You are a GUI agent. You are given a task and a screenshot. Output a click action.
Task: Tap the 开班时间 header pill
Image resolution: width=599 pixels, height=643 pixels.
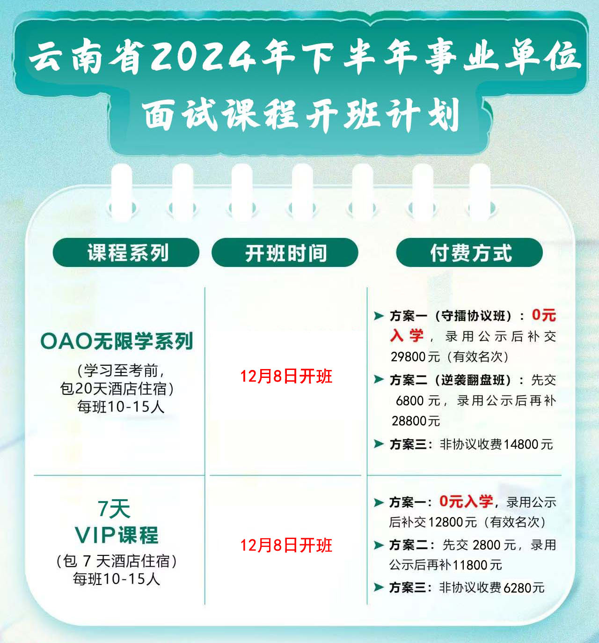(x=285, y=252)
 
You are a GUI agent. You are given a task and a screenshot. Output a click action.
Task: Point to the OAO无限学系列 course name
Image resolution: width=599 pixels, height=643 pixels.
(x=117, y=341)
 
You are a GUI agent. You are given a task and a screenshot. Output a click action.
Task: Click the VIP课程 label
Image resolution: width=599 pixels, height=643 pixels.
(x=117, y=534)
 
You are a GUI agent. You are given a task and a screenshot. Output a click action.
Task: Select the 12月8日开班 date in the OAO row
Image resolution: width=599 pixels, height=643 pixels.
(x=286, y=377)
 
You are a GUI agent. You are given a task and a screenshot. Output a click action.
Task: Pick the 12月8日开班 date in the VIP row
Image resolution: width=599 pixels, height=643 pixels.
(x=286, y=545)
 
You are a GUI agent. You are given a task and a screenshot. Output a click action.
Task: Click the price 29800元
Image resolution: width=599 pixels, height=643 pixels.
(x=415, y=357)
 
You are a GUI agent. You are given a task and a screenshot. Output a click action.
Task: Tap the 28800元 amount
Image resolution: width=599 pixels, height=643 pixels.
(x=416, y=421)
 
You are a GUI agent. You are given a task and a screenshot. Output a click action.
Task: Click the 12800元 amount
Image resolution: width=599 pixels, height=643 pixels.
(x=453, y=522)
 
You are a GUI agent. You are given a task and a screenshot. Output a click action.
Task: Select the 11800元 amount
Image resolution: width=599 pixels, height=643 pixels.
(x=477, y=565)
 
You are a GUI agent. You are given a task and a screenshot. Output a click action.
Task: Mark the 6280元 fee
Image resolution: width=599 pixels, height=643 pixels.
(x=524, y=588)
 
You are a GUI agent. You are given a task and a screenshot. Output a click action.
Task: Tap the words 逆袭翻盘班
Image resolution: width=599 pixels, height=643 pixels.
(x=473, y=380)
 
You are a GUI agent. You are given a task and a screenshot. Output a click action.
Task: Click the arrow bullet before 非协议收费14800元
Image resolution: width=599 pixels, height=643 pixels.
(x=379, y=443)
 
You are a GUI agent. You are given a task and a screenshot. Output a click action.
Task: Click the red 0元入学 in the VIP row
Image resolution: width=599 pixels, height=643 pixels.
(x=466, y=502)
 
